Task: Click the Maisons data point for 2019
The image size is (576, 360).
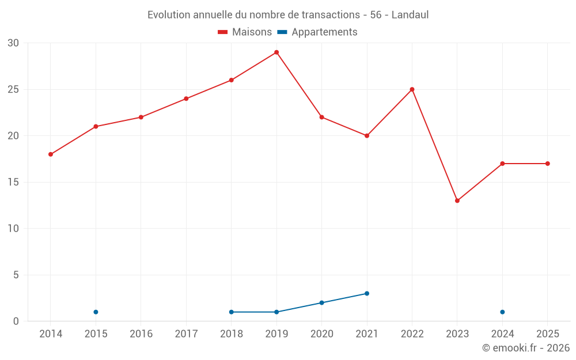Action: tap(276, 52)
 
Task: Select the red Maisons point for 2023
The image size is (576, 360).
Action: tap(457, 200)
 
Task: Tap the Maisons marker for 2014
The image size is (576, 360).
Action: tap(51, 154)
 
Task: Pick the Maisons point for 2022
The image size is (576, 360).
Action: tap(412, 89)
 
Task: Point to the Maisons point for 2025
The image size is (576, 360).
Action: tap(548, 164)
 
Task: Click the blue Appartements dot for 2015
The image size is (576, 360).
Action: tap(96, 312)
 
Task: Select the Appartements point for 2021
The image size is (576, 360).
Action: tap(367, 294)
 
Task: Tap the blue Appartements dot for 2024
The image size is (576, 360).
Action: tap(502, 312)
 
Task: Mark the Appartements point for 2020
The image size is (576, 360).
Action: tap(322, 303)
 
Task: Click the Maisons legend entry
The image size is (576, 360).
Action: tap(245, 32)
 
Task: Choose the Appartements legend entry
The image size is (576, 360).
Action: tap(317, 32)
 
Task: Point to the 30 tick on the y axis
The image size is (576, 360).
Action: tap(13, 43)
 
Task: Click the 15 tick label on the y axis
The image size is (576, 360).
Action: tap(13, 182)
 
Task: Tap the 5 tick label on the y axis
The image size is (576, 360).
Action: tap(16, 275)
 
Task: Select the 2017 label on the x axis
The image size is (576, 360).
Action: tap(186, 334)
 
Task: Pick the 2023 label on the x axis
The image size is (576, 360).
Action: tap(457, 334)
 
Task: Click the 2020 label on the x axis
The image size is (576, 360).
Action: tap(322, 334)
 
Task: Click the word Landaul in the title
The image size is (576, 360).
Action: tap(410, 15)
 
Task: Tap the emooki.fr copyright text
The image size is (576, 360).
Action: tap(526, 348)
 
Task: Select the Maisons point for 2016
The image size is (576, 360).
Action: tap(141, 117)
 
